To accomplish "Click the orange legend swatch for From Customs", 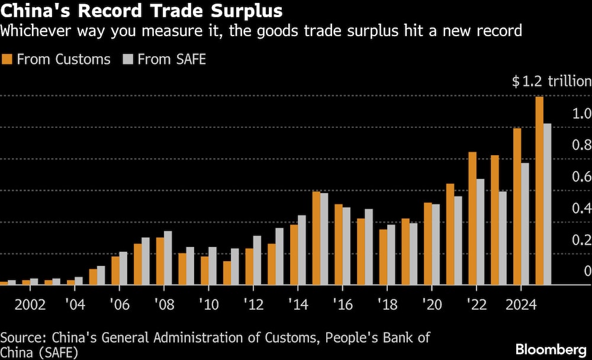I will [8, 59].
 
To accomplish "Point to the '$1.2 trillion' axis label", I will [551, 82].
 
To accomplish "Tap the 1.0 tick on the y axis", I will [581, 113].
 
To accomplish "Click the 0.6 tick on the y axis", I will [581, 176].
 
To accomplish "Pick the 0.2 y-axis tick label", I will [581, 240].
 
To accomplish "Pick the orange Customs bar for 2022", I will [472, 218].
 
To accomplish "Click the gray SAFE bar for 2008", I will [168, 258].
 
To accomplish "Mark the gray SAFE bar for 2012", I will [257, 260].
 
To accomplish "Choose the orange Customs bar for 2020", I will [428, 243].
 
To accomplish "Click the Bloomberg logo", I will [550, 349].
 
